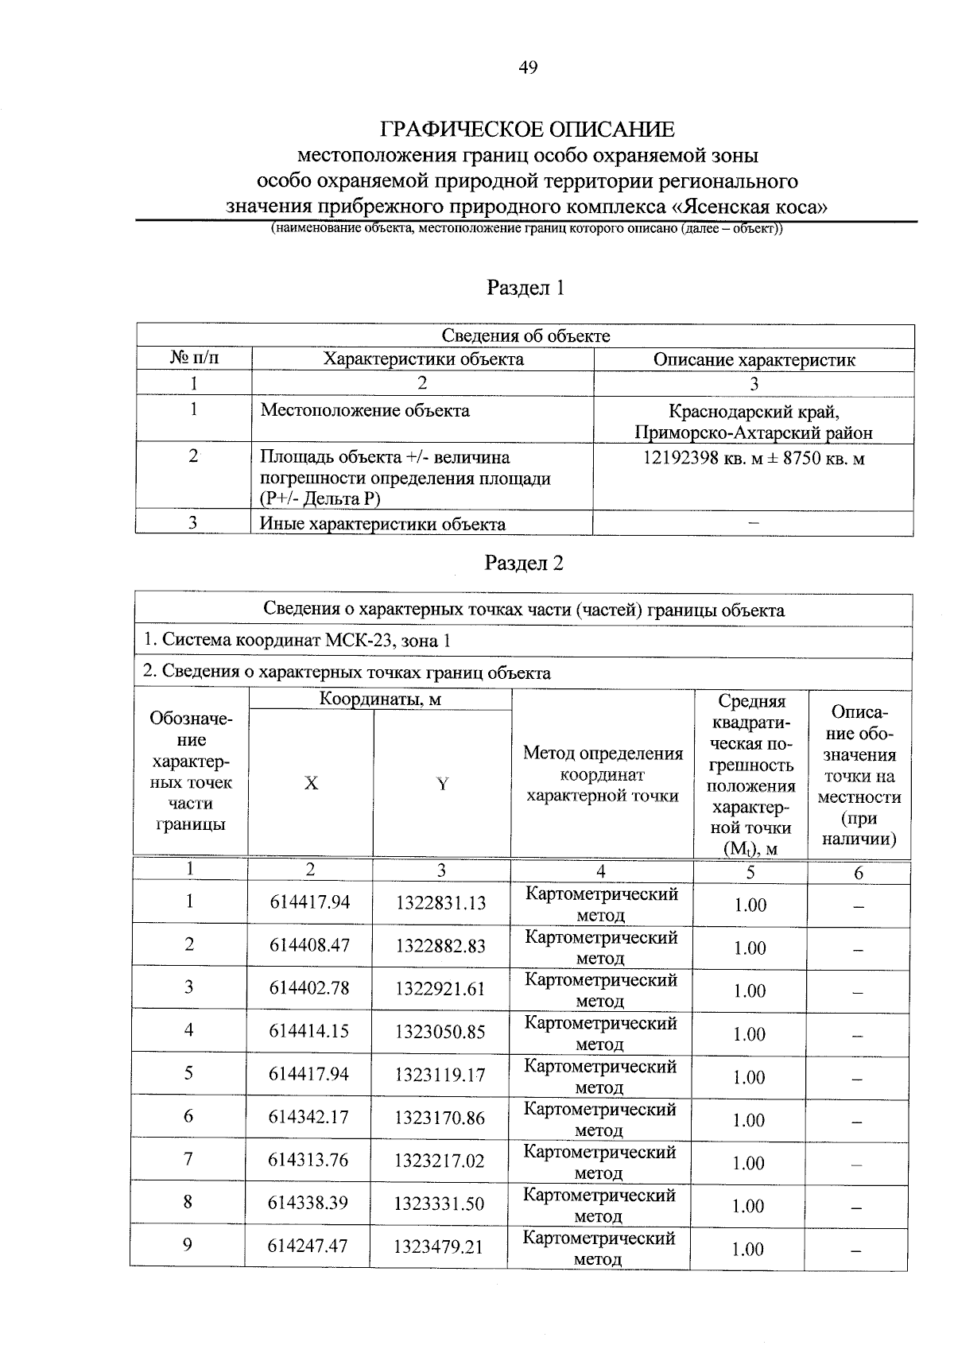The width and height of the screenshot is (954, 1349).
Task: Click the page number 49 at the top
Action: (528, 68)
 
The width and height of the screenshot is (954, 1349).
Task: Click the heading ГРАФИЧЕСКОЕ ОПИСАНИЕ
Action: (527, 129)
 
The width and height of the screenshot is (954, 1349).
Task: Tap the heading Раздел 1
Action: (525, 288)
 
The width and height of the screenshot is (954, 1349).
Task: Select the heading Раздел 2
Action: (524, 564)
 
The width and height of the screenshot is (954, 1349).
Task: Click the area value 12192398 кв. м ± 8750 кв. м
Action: (753, 459)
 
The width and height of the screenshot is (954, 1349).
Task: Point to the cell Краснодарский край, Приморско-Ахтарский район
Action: (753, 422)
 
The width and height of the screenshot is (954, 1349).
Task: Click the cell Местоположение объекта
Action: (365, 411)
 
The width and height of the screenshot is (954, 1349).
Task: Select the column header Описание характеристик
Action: (754, 359)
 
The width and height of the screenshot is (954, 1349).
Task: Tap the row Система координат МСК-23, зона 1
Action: (297, 641)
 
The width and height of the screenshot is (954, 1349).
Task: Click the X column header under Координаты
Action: (311, 783)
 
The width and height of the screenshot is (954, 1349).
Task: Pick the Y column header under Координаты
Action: (442, 784)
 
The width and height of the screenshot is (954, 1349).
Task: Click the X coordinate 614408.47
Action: (309, 946)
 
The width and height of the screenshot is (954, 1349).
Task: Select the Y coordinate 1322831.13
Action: (440, 903)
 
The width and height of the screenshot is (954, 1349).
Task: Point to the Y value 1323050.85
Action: (440, 1032)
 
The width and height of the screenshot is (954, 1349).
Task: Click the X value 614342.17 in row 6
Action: (309, 1118)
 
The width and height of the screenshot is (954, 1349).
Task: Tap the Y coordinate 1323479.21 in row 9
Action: (439, 1246)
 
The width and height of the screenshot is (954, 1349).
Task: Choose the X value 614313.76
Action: (308, 1161)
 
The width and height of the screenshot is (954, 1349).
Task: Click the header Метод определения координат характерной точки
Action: (603, 774)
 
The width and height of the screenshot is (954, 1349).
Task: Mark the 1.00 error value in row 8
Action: (749, 1206)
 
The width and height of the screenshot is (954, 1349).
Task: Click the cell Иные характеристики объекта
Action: (383, 524)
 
